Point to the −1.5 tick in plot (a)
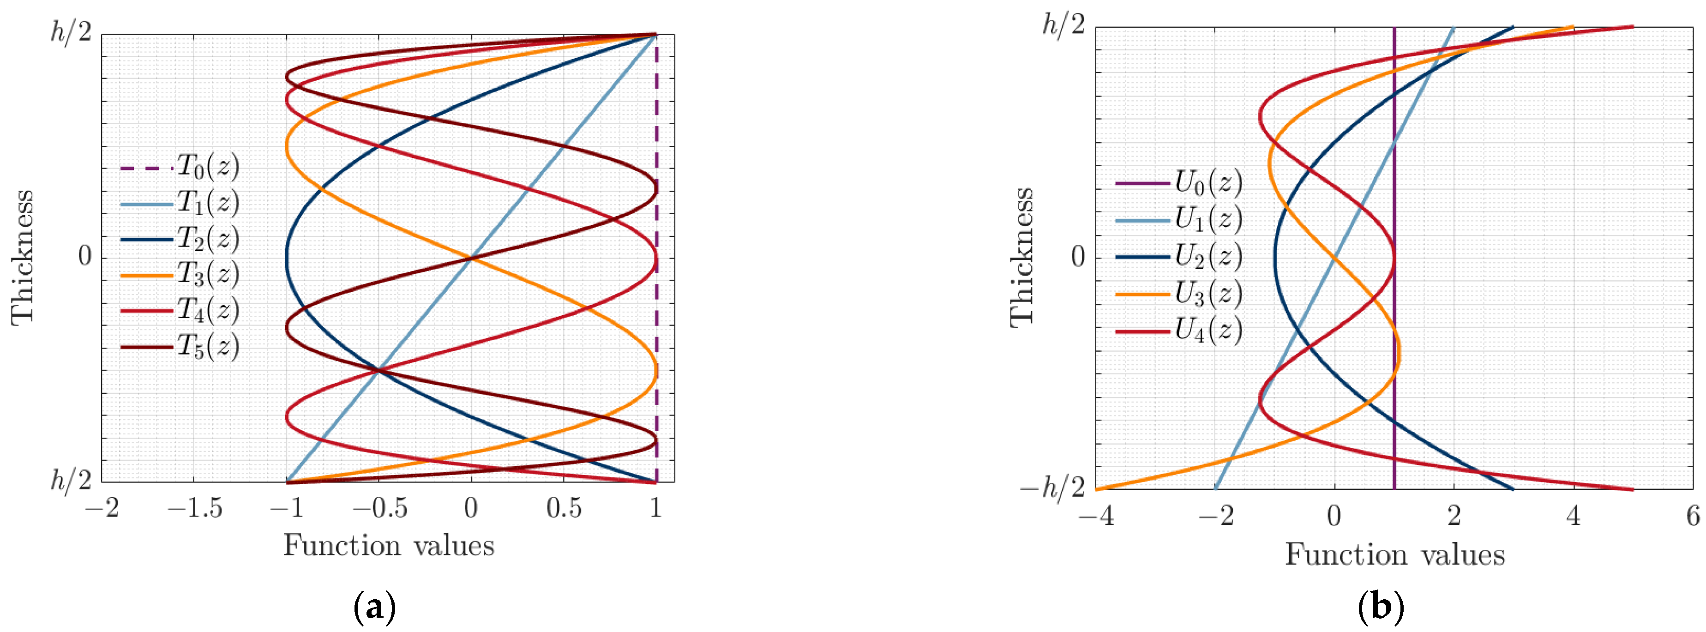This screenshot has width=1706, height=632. pos(194,508)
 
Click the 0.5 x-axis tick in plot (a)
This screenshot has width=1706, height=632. pos(564,508)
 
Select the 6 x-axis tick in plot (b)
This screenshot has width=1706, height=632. pos(1693,515)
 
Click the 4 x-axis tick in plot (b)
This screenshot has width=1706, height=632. pos(1574,515)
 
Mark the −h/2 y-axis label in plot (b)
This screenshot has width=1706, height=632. pos(1053,489)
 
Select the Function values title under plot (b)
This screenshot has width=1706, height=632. pos(1395,554)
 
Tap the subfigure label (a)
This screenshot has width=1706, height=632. pos(375,607)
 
